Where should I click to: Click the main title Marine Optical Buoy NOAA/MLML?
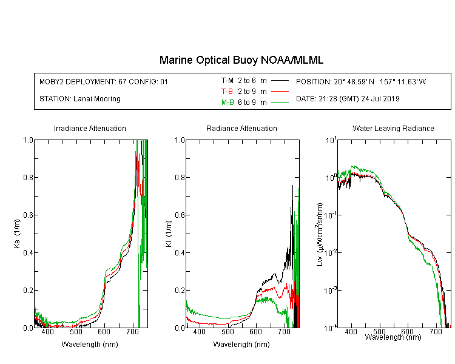241,60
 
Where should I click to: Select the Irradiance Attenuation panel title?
90,128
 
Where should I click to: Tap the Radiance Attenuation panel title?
241,128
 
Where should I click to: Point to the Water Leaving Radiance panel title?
393,128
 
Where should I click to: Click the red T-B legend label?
227,92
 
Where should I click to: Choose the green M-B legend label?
227,102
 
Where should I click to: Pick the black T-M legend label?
227,81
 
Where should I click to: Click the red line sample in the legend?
280,92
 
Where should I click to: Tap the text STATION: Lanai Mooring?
80,99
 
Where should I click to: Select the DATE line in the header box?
348,99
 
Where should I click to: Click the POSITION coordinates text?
361,81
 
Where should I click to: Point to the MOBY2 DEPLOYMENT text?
104,81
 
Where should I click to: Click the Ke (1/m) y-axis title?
17,234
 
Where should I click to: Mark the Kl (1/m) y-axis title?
169,234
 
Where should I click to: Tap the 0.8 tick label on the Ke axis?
28,177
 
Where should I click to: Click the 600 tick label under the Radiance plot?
255,331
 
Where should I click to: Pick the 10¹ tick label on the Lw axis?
331,141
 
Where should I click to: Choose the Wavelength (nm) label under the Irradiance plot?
90,345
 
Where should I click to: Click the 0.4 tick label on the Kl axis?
180,252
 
